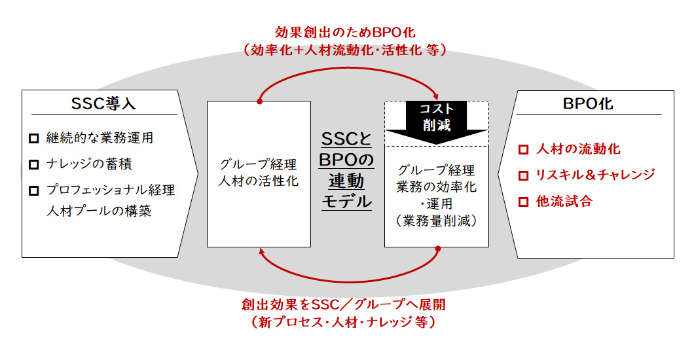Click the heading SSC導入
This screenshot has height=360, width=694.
(103, 104)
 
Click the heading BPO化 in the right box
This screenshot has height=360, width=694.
(588, 104)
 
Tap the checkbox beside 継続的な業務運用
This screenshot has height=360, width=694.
(34, 139)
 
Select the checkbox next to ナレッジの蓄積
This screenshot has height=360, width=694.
(34, 164)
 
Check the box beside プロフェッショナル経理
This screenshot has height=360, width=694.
(34, 190)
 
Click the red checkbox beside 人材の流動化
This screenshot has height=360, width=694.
(523, 149)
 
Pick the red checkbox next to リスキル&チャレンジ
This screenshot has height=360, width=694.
(523, 175)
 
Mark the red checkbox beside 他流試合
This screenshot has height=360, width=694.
(523, 202)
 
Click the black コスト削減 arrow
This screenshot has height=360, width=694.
(435, 120)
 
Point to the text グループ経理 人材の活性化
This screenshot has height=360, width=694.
(258, 173)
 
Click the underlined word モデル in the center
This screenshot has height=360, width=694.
(346, 201)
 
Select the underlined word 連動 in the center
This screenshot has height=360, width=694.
(346, 179)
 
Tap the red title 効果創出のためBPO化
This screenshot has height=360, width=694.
(345, 31)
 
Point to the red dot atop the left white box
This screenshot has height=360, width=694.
(260, 101)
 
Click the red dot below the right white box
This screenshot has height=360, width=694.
(437, 248)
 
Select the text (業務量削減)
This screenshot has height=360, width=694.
(436, 221)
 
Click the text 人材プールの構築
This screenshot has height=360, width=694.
(99, 211)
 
